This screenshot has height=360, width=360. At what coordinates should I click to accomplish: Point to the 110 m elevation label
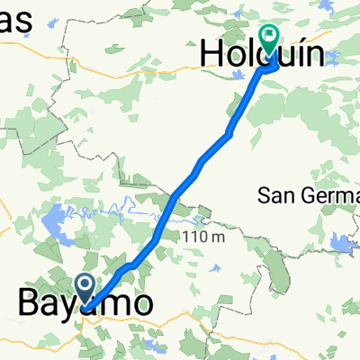[206, 237]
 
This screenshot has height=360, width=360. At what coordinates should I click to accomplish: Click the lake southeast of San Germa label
[340, 241]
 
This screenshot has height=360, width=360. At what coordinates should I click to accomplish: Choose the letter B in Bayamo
[31, 303]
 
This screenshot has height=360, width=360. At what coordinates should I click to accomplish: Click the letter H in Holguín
[212, 56]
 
